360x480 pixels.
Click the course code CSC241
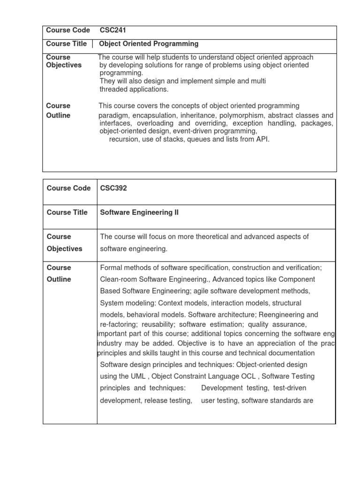[x=113, y=30]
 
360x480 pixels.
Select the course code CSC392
[x=113, y=188]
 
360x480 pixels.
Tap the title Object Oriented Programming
[x=149, y=44]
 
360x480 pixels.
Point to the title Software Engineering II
[x=139, y=212]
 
